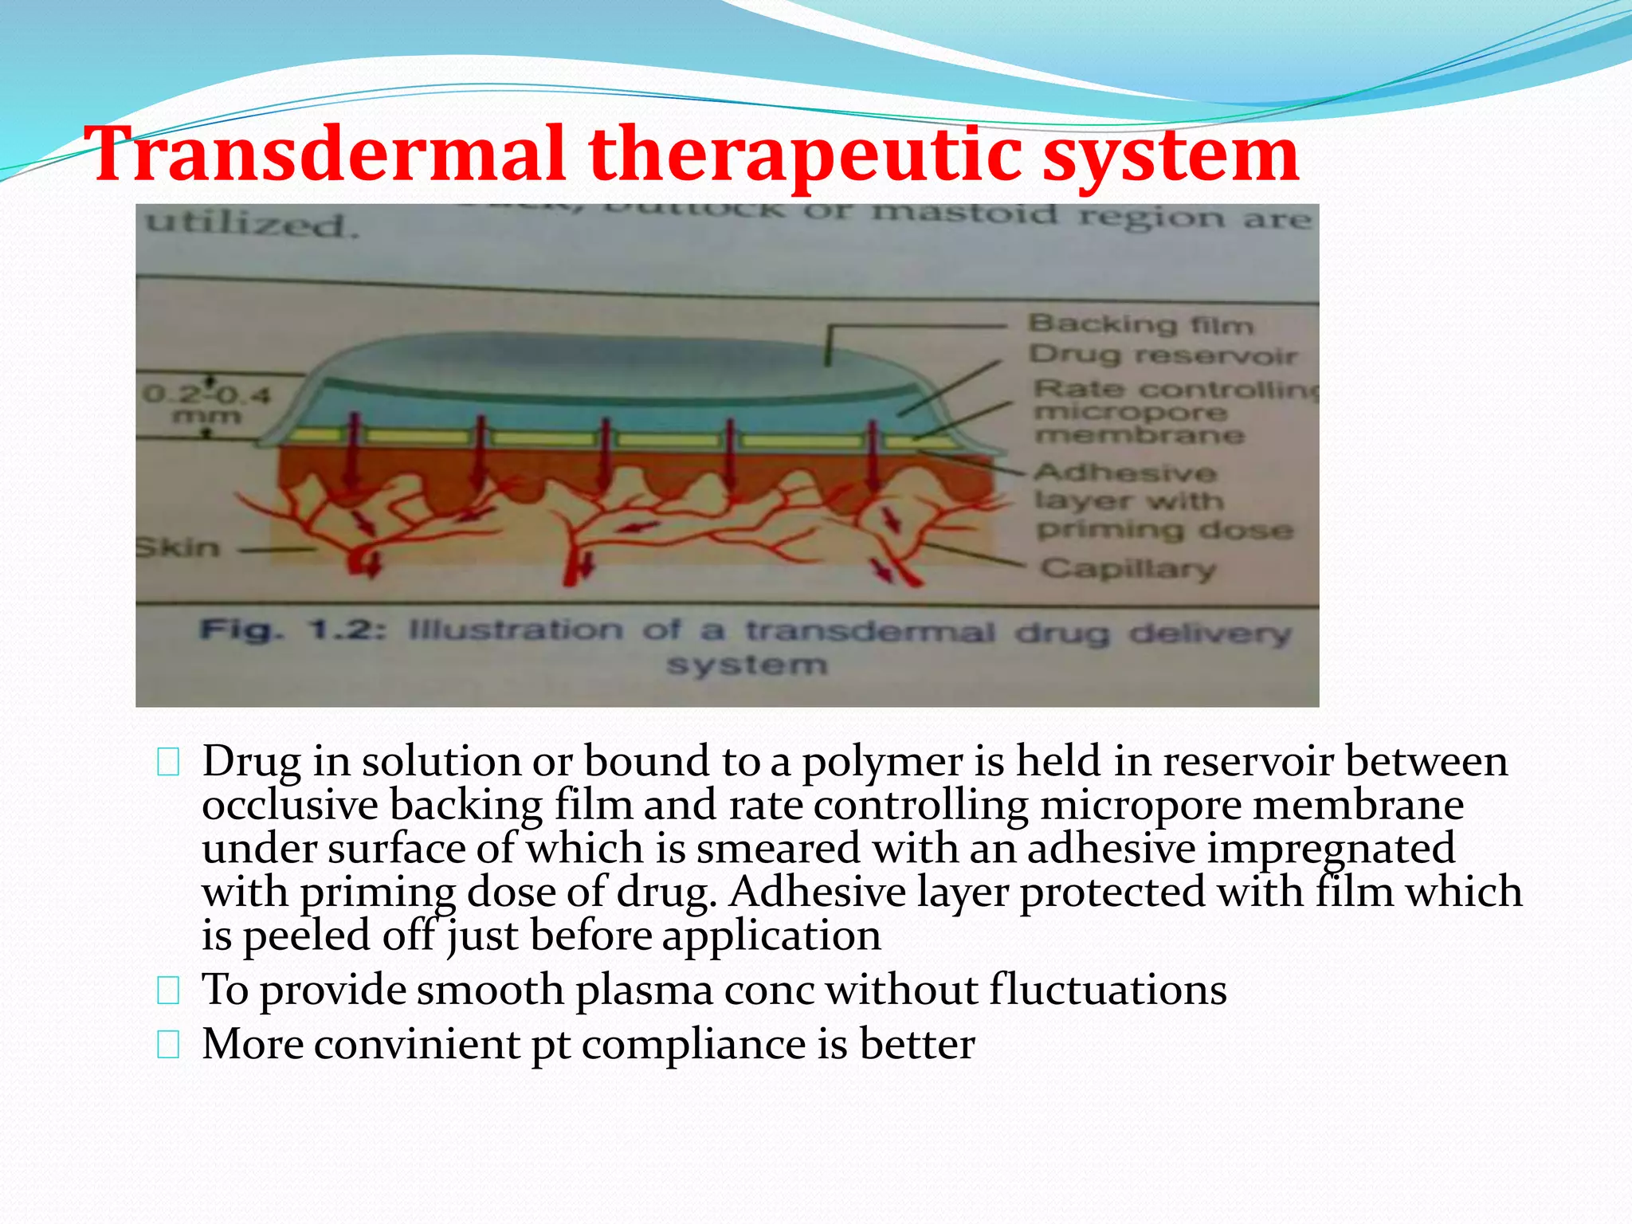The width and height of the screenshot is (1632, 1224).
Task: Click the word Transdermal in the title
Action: coord(327,154)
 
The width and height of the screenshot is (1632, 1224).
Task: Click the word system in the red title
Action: coord(1171,154)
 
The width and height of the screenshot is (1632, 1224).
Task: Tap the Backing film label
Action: coord(1140,324)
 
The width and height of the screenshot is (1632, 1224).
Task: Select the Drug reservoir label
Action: coord(1162,355)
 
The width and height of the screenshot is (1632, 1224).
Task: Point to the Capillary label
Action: coord(1128,569)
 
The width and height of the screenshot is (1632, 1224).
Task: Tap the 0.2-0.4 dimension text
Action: coord(207,395)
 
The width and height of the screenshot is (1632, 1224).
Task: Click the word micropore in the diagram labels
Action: coord(1130,413)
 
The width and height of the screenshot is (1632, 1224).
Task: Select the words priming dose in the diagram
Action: coord(1164,530)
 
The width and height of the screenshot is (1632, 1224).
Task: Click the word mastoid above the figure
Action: coord(964,214)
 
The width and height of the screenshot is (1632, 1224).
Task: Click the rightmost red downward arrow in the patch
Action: coord(873,454)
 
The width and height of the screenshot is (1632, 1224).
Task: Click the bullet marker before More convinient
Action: coord(168,1045)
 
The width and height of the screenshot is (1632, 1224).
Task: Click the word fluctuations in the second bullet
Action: coord(1108,991)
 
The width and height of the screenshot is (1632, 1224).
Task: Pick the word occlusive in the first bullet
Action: coord(290,805)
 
